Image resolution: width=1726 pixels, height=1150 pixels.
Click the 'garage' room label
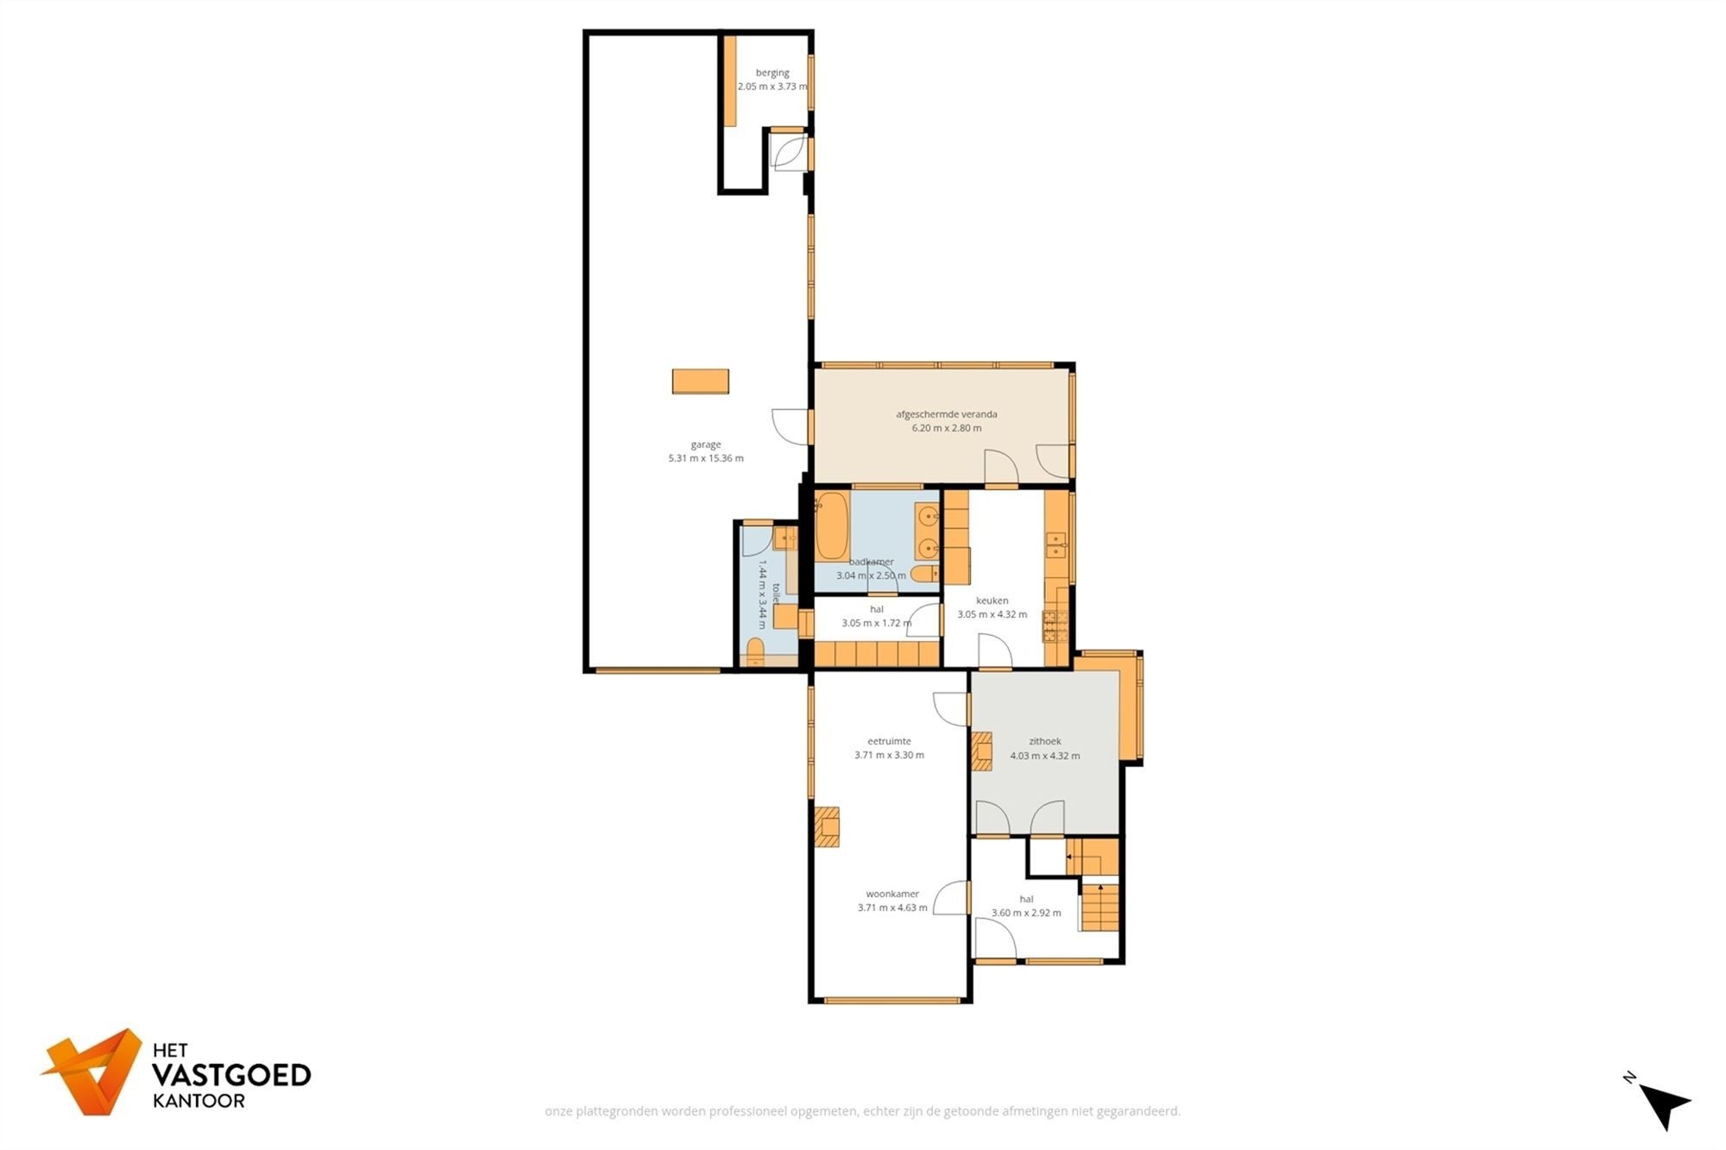point(705,444)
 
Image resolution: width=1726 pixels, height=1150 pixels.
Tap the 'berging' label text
point(772,72)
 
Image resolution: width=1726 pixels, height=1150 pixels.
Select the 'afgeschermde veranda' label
point(946,414)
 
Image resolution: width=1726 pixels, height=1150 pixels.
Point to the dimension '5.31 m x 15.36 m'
point(705,458)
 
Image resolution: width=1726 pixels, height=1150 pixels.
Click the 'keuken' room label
point(992,600)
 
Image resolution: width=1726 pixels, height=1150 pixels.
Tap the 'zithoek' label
point(1044,741)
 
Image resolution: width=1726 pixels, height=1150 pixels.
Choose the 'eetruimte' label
point(889,741)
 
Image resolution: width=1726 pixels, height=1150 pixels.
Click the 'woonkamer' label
point(892,894)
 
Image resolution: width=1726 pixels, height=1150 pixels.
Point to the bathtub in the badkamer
point(832,525)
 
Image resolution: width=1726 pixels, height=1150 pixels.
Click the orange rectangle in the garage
point(700,380)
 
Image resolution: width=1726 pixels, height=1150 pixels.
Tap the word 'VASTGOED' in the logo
point(231,1075)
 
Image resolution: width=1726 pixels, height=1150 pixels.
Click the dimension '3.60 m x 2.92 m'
point(1026,913)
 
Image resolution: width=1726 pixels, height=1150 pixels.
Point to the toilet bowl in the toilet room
point(755,651)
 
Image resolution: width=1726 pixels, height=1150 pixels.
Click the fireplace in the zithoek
point(982,751)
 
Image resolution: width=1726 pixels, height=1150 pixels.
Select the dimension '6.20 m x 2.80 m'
point(946,428)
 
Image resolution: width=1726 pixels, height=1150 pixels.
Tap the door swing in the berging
point(787,154)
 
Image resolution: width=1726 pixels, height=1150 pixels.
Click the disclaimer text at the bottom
point(862,1111)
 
